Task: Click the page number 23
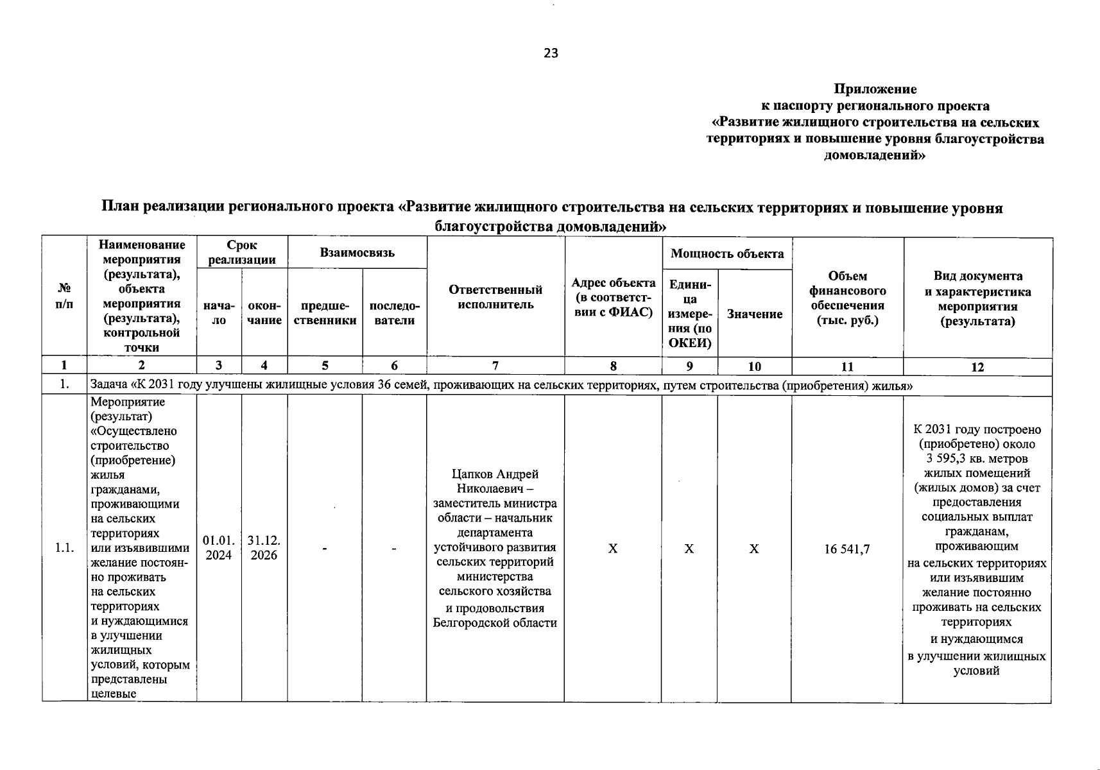pyautogui.click(x=551, y=53)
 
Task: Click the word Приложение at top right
pyautogui.click(x=875, y=89)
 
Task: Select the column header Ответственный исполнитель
pyautogui.click(x=495, y=297)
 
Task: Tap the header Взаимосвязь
pyautogui.click(x=357, y=253)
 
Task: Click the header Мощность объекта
pyautogui.click(x=727, y=253)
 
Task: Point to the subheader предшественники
pyautogui.click(x=325, y=313)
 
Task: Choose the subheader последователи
pyautogui.click(x=394, y=313)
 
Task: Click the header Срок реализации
pyautogui.click(x=242, y=253)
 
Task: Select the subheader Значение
pyautogui.click(x=754, y=314)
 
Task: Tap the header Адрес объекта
pyautogui.click(x=613, y=297)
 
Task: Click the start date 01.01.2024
pyautogui.click(x=219, y=547)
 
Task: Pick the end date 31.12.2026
pyautogui.click(x=264, y=547)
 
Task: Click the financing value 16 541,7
pyautogui.click(x=847, y=549)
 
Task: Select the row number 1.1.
pyautogui.click(x=64, y=548)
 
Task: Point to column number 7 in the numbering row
pyautogui.click(x=495, y=366)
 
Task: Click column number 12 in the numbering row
pyautogui.click(x=977, y=367)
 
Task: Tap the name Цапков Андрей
pyautogui.click(x=495, y=474)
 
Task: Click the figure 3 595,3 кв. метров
pyautogui.click(x=977, y=459)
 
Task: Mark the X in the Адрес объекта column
pyautogui.click(x=613, y=549)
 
